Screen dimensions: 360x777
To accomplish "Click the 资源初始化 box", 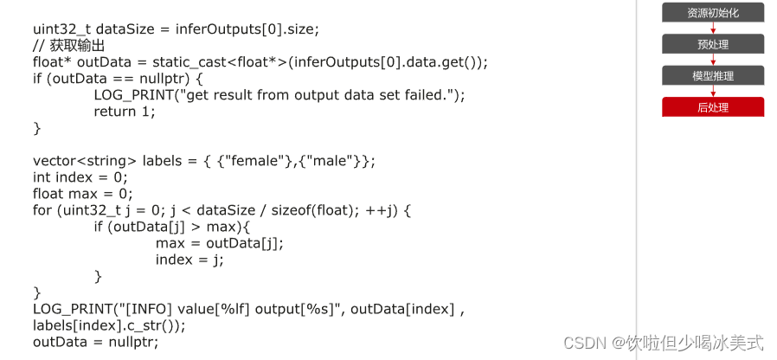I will click(713, 12).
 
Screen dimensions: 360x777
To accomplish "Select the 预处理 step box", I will click(713, 44).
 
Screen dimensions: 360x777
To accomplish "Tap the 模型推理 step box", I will click(713, 76).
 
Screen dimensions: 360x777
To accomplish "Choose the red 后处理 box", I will click(713, 107).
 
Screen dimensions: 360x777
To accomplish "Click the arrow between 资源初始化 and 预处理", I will click(713, 28).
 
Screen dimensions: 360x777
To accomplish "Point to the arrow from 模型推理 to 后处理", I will click(713, 92).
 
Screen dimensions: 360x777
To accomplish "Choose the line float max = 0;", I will click(83, 194).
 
